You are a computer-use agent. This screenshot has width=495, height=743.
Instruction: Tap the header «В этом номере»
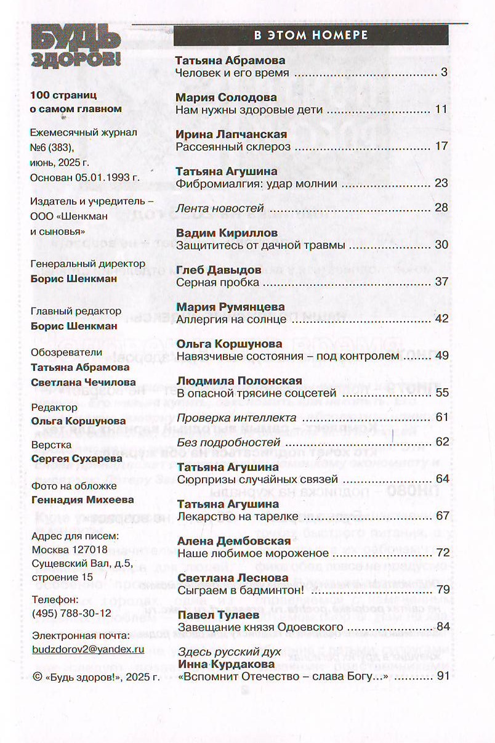[311, 35]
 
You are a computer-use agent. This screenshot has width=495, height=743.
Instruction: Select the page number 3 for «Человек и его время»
[443, 73]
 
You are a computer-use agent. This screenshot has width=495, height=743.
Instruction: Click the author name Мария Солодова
[226, 97]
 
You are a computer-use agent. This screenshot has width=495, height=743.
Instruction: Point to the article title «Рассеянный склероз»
[233, 147]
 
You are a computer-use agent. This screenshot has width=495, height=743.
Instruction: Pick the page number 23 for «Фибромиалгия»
[441, 183]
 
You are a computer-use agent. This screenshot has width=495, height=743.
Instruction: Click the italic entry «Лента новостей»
[220, 208]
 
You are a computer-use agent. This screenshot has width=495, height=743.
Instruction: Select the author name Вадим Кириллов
[227, 233]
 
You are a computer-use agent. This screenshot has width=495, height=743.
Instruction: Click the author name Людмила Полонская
[239, 380]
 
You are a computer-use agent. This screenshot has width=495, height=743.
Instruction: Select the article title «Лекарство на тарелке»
[237, 516]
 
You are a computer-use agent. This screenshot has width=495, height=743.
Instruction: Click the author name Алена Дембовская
[233, 541]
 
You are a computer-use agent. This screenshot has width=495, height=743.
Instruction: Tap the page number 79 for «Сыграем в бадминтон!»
[441, 590]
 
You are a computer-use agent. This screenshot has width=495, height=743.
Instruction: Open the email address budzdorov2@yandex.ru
[87, 649]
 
